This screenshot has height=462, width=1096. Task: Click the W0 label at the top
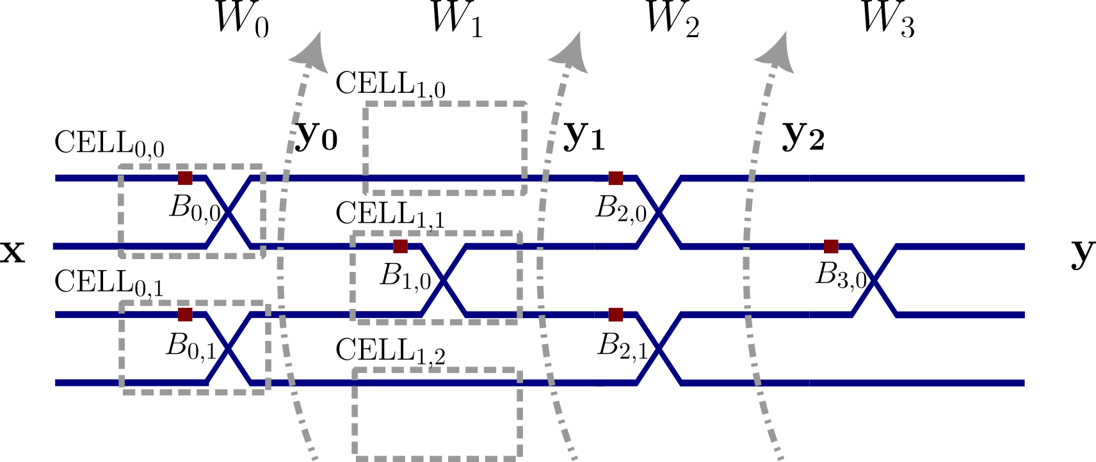pos(242,19)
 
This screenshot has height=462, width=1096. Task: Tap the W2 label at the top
pos(672,19)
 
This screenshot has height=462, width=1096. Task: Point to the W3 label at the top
pos(887,19)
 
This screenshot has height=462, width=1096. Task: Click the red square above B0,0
pos(185,178)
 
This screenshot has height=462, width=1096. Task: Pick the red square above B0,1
pos(185,314)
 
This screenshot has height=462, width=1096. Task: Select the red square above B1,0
pos(400,246)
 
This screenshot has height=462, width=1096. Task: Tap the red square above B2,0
pos(615,178)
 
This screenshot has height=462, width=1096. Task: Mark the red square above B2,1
pos(615,314)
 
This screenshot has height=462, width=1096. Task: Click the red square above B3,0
pos(831,246)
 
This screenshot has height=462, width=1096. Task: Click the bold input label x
pos(13,252)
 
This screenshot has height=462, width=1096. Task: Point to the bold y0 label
pos(317,136)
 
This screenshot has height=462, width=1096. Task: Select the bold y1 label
pos(584,136)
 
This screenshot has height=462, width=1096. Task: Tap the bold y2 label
pos(803,136)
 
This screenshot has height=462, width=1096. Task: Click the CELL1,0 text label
pos(390,85)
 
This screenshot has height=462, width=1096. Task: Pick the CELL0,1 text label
pos(109,283)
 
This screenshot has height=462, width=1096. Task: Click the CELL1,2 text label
pos(390,352)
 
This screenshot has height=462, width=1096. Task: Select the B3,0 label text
pos(841,276)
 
